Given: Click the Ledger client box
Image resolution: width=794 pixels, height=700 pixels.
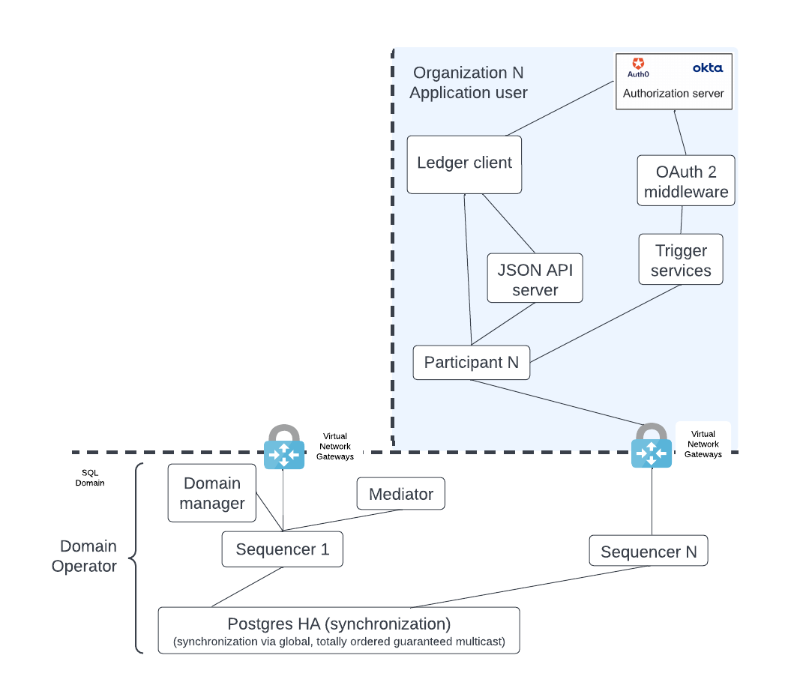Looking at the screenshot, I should pos(464,164).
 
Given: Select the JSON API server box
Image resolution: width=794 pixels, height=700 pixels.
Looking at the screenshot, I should pos(535,279).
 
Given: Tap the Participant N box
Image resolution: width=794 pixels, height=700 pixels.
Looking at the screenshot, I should pos(471,363).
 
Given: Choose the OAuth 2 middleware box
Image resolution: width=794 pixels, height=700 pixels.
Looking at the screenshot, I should pos(685,181).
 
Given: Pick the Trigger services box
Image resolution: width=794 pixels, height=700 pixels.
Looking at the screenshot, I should pos(680,260).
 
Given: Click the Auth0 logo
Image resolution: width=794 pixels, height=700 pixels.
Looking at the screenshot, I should pos(638,67).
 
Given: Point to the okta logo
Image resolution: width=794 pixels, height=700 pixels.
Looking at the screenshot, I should pos(707,67).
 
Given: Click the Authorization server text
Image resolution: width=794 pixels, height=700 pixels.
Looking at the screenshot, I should pos(673,94).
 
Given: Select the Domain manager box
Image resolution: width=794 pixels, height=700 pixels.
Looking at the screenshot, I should pos(212,493).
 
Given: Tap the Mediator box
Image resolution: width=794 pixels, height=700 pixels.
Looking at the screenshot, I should pos(401,495).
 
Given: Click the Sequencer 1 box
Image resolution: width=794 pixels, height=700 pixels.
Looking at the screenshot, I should pos(282,549).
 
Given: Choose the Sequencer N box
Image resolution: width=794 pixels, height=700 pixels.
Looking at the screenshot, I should pos(648,552).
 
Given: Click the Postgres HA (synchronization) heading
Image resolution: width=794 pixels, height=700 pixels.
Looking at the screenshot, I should pos(339,624).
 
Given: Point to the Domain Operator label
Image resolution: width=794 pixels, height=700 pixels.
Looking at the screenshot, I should pos(84,556).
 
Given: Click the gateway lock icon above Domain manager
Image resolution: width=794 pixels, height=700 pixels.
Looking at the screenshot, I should pos(283,448).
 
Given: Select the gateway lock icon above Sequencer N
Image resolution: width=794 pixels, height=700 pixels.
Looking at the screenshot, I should pos(651,447).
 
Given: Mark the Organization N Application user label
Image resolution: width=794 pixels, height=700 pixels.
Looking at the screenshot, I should pos(469,82).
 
